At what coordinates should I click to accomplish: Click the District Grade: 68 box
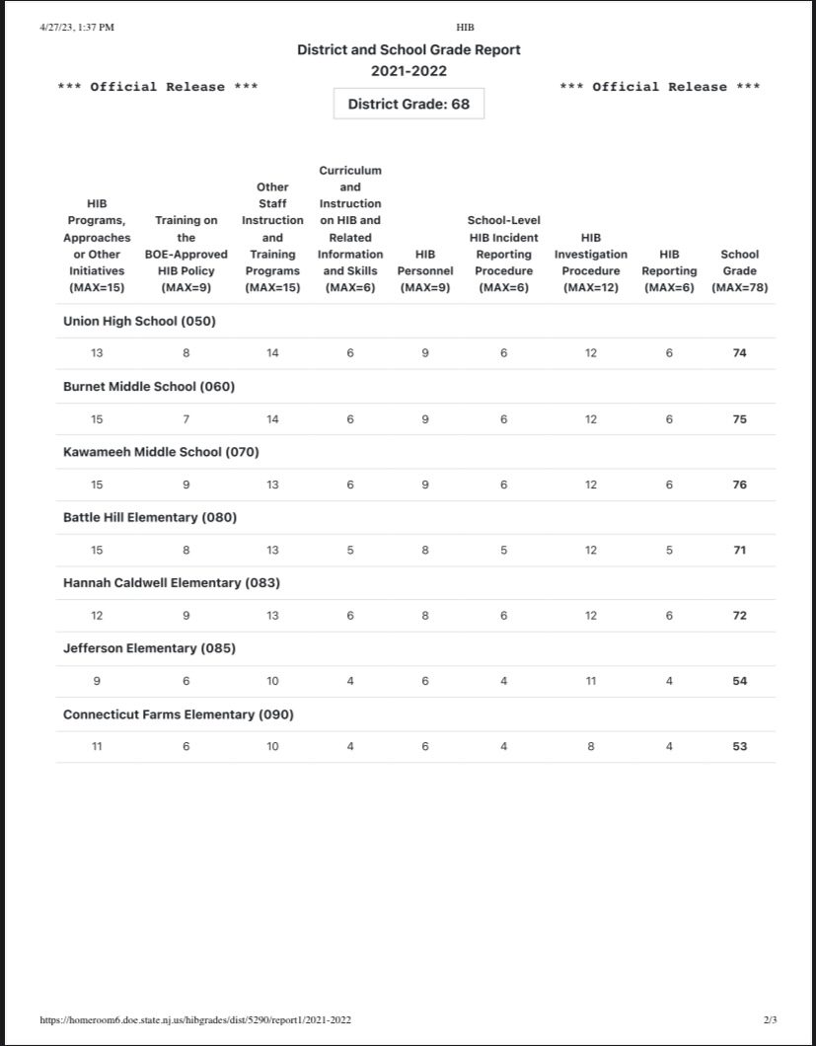[408, 104]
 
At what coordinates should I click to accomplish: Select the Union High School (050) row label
[139, 321]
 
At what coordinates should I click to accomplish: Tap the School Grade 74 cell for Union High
[739, 353]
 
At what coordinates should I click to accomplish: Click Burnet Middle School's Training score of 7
[186, 419]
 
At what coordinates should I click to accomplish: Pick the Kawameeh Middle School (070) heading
[161, 452]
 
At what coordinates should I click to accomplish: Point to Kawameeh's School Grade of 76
[739, 485]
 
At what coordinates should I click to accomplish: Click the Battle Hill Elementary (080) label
[150, 517]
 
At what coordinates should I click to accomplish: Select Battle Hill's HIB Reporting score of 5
[669, 551]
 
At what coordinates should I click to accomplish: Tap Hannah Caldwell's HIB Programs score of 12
[97, 616]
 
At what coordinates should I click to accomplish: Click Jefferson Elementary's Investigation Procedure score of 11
[590, 681]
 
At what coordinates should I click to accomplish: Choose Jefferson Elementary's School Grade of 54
[739, 681]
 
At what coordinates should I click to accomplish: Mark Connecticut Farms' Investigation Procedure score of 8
[590, 747]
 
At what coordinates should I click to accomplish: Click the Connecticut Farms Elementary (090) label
[178, 714]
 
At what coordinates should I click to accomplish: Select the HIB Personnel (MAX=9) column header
[425, 270]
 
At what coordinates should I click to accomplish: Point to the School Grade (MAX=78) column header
[739, 270]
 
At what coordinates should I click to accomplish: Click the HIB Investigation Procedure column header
[590, 262]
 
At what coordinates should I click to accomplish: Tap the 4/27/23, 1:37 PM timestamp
[77, 27]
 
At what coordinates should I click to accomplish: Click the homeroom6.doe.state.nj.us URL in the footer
[195, 1019]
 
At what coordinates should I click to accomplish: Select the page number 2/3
[771, 1019]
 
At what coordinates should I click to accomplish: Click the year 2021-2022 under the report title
[408, 71]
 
